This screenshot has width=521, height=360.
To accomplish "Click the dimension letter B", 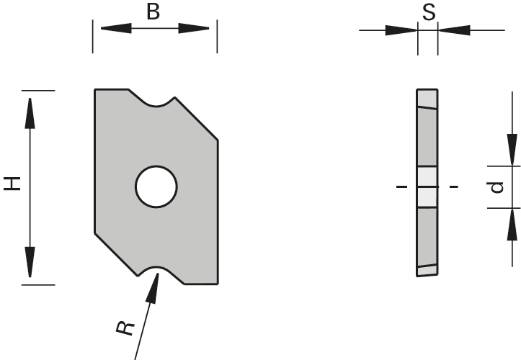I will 153,12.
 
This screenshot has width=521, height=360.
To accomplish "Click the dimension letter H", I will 12,184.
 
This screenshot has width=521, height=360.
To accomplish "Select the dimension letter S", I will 427,14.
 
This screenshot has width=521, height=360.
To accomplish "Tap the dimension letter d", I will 496,187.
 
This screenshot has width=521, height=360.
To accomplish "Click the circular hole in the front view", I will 156,187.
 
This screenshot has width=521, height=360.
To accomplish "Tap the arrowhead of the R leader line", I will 153,287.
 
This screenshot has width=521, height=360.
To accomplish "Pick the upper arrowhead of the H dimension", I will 30,108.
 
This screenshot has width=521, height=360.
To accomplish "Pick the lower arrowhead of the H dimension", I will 30,264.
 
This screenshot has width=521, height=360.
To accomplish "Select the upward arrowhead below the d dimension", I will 512,223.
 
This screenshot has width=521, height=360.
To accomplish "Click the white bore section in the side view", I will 427,187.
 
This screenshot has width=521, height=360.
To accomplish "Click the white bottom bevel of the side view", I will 427,271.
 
